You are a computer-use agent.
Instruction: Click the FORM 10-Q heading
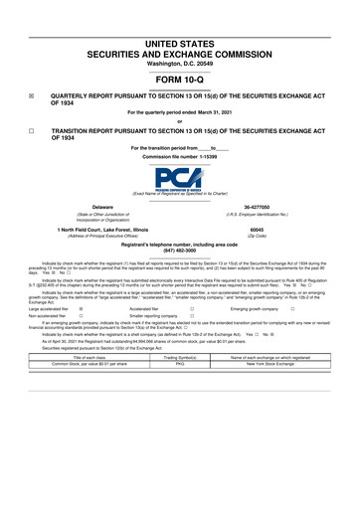pyautogui.click(x=181, y=80)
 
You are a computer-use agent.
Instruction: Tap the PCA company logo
pyautogui.click(x=180, y=180)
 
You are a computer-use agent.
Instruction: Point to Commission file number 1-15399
pyautogui.click(x=180, y=158)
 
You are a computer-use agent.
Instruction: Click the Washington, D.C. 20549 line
pyautogui.click(x=180, y=64)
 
